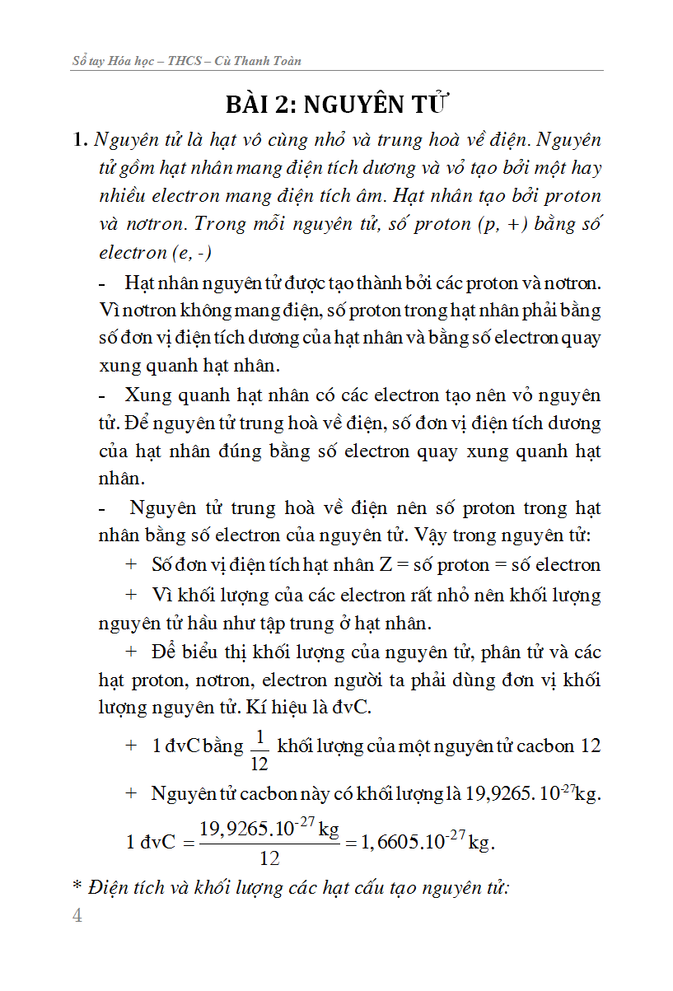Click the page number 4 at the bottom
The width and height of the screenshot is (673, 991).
coord(77,917)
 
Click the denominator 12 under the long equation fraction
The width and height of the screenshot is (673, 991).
coord(269,858)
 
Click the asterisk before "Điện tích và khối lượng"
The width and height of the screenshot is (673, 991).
coord(78,888)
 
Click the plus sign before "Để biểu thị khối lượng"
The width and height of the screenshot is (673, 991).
coord(130,652)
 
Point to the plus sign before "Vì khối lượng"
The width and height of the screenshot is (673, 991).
coord(130,595)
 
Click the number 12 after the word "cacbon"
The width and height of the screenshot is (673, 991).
coord(590,746)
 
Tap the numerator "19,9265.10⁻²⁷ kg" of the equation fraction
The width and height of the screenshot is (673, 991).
coord(269,828)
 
